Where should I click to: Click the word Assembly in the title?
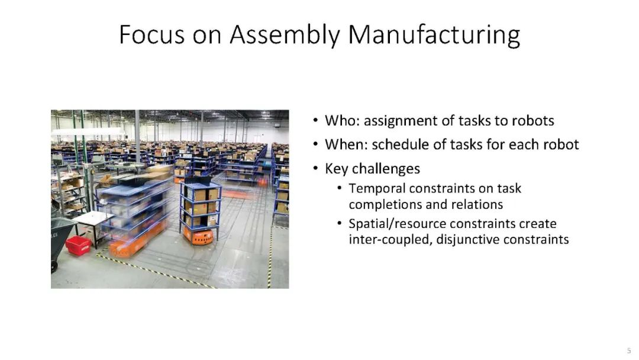click(285, 35)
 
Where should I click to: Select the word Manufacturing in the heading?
click(434, 35)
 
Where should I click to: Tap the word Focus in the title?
click(151, 35)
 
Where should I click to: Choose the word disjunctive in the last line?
click(467, 239)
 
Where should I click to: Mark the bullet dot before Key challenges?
click(315, 168)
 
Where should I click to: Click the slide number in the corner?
click(629, 351)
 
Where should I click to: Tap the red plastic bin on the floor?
click(78, 246)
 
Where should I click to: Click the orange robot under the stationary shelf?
click(198, 236)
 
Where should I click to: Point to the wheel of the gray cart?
click(54, 266)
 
